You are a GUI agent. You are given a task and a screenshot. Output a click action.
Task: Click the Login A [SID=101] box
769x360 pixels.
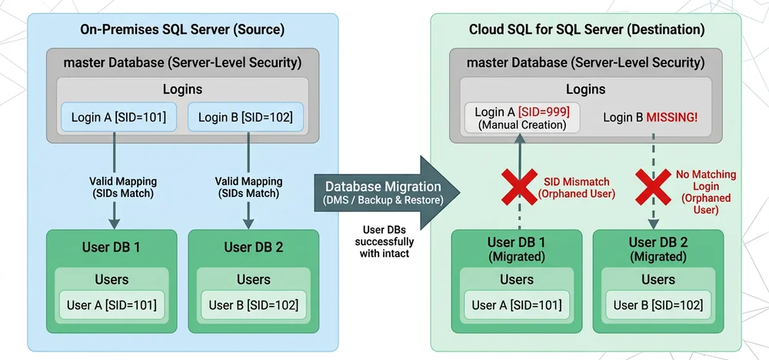coord(118,117)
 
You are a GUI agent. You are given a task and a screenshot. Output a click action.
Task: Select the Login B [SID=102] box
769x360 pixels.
coord(246,117)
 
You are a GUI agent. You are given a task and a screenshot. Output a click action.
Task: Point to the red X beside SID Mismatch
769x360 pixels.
coord(519,187)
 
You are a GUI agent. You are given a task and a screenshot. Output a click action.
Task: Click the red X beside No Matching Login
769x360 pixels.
coord(653,187)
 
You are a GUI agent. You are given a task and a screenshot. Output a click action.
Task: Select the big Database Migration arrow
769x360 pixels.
coord(387,191)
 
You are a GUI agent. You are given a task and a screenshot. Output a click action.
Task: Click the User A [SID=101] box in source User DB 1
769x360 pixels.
coord(112,305)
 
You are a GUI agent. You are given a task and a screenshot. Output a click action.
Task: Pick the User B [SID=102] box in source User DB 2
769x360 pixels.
coord(254,305)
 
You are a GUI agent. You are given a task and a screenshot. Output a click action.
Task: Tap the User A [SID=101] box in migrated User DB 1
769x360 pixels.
coord(517,305)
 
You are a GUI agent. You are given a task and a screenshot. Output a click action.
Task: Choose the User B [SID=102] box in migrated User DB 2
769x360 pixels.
coord(658,305)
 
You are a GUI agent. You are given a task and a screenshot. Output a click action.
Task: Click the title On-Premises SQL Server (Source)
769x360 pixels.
coord(182,30)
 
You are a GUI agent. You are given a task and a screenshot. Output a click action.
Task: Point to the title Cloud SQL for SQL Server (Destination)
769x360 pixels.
coord(587,30)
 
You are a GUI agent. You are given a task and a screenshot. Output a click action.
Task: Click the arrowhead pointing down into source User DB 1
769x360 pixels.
coord(114,223)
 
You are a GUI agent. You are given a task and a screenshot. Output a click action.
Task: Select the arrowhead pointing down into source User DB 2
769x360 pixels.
coord(248,223)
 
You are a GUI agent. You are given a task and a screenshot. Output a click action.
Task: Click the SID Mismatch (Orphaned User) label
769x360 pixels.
coord(576,187)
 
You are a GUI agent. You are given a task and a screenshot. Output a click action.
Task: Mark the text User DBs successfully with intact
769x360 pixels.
coord(384,242)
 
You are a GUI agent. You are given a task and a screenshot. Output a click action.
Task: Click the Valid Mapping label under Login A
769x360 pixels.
coord(122,187)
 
